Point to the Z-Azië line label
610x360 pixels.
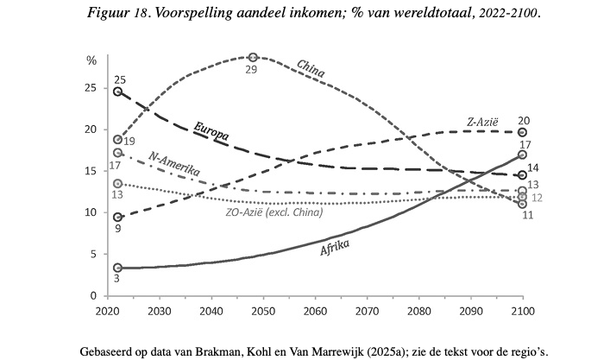click(x=481, y=122)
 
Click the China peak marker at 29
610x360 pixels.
click(x=253, y=57)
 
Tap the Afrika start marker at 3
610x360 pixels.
click(x=118, y=268)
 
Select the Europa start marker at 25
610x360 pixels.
click(x=118, y=92)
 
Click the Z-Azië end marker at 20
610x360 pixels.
click(x=521, y=132)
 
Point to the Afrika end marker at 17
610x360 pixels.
click(x=522, y=155)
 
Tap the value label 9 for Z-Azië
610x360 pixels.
click(x=118, y=230)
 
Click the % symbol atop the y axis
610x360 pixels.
click(x=92, y=60)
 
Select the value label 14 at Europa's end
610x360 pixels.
click(x=532, y=168)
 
